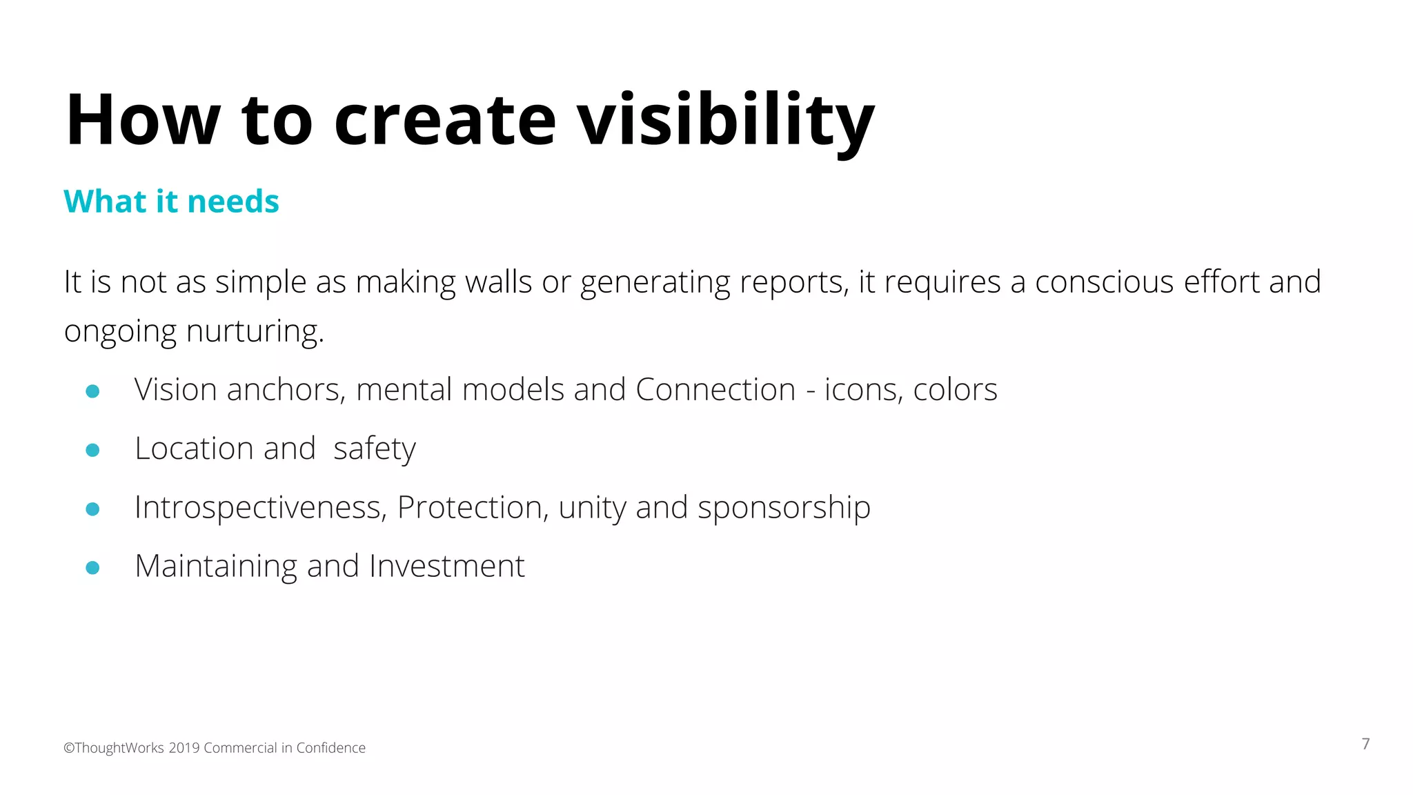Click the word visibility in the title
pos(726,121)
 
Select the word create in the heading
pos(444,121)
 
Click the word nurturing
pos(255,331)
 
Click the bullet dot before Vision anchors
pos(92,391)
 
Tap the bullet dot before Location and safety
pos(92,450)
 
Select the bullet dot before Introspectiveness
pos(92,509)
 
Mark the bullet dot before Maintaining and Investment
pos(92,568)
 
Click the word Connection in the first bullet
pos(715,390)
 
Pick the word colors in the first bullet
pos(955,390)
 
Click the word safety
pos(374,449)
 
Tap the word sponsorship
pos(784,509)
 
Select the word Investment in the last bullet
pos(447,567)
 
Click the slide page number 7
pos(1365,744)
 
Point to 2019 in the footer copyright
pos(184,748)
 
